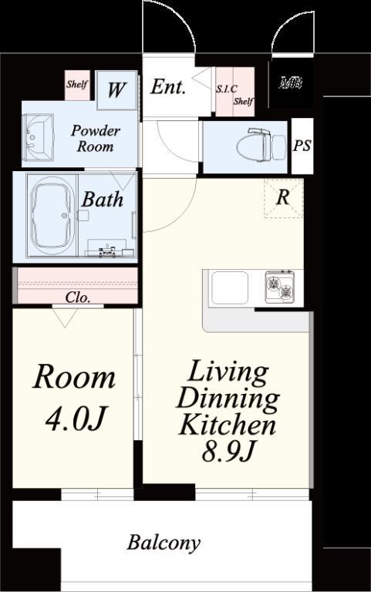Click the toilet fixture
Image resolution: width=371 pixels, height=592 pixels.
[x=261, y=144]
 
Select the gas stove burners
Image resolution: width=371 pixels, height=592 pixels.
[x=280, y=287]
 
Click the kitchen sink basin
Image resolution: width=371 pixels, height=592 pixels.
[x=230, y=288]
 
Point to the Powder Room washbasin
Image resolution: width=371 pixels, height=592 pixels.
[x=38, y=139]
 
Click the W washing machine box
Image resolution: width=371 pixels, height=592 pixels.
[x=116, y=90]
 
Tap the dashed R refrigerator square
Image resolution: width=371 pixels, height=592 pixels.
[x=283, y=199]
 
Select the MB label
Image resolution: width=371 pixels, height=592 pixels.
[x=291, y=82]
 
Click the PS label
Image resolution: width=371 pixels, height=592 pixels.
[x=302, y=146]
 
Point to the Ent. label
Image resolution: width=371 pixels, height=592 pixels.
[x=168, y=87]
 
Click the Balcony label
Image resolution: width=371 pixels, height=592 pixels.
[x=164, y=543]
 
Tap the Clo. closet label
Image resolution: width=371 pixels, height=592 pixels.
[x=78, y=298]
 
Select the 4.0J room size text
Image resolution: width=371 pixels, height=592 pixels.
[x=74, y=419]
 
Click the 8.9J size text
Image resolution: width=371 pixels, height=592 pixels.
[x=228, y=451]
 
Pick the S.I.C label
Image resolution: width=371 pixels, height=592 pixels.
[x=227, y=89]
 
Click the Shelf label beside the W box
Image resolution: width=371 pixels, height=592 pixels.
[x=77, y=84]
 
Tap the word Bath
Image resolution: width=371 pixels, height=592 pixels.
[x=103, y=199]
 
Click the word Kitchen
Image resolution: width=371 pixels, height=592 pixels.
[x=227, y=425]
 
